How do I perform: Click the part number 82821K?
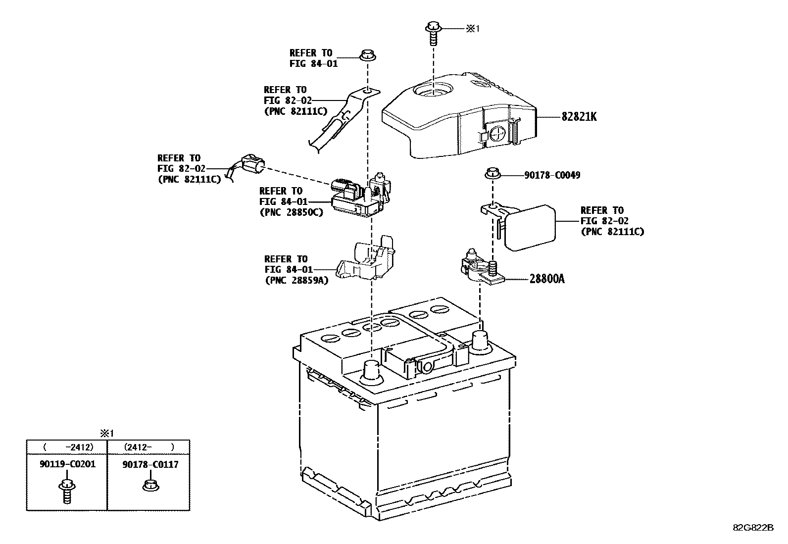[x=579, y=117]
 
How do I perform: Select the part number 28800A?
[x=546, y=279]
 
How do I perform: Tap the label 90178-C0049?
[x=552, y=175]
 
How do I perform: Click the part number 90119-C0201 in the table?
[x=67, y=464]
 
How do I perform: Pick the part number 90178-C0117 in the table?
[x=150, y=464]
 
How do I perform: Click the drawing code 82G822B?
[x=752, y=528]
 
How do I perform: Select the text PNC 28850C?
[x=291, y=212]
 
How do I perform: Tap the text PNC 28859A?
[x=296, y=281]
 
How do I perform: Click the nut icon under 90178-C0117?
[x=149, y=486]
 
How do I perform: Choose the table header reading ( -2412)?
[x=67, y=447]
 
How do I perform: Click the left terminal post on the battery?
[x=371, y=371]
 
